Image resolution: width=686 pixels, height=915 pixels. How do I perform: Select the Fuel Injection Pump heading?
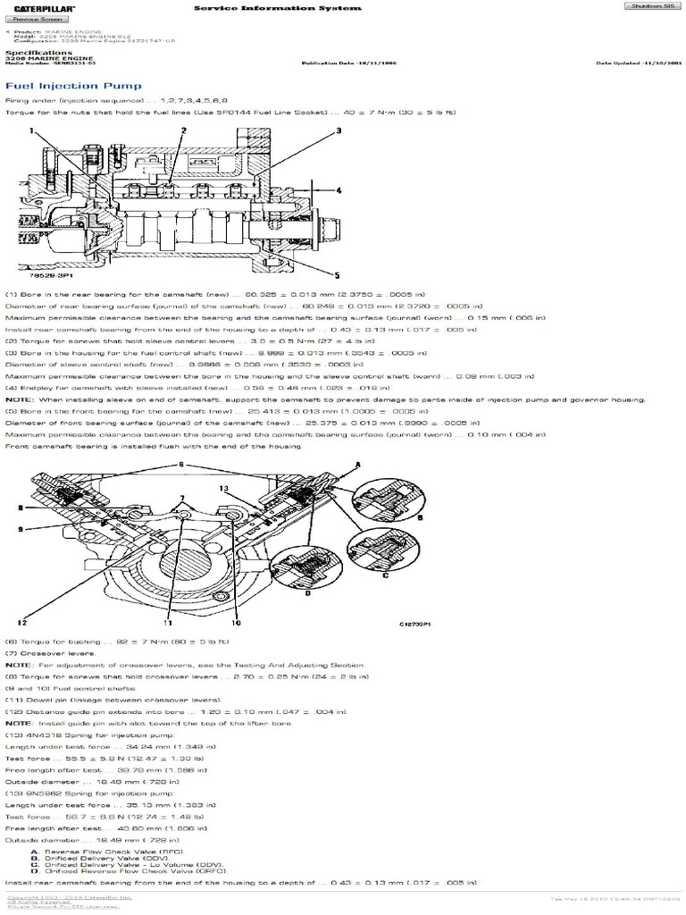pyautogui.click(x=73, y=86)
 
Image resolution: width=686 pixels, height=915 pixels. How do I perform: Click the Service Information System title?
pyautogui.click(x=278, y=8)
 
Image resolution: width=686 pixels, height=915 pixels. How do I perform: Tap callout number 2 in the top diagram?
pyautogui.click(x=183, y=130)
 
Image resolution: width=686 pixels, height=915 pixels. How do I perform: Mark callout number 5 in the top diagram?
pyautogui.click(x=337, y=274)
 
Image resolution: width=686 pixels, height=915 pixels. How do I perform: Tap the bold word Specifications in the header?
pyautogui.click(x=38, y=53)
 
